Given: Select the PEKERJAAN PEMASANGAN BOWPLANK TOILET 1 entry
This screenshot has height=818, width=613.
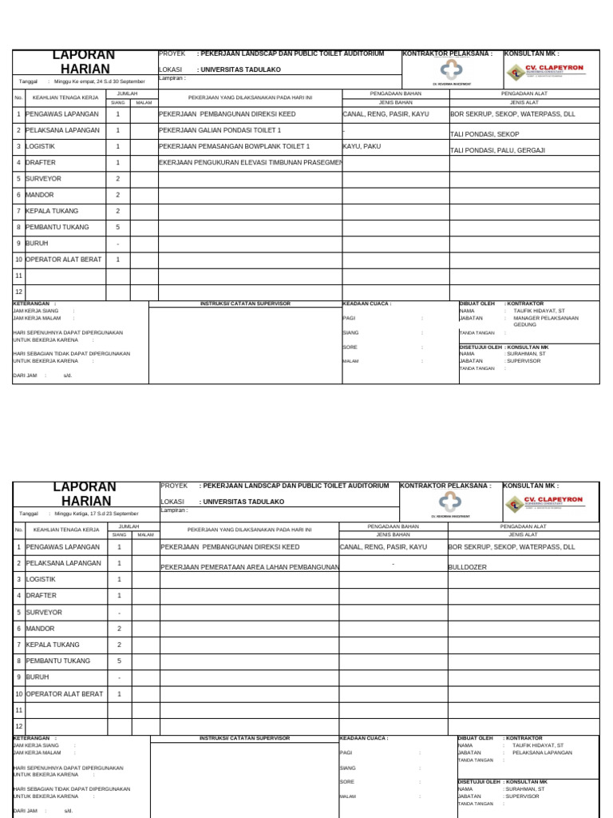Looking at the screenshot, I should pos(235,147).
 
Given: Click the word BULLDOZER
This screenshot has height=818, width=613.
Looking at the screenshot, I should pos(468,566).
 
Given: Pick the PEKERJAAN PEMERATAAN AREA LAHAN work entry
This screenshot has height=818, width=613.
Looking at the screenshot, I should pos(250,566).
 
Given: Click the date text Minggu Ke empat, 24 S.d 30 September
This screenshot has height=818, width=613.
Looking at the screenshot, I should pos(100,81).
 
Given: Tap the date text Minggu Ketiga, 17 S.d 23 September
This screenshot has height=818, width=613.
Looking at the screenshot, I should pos(97,514).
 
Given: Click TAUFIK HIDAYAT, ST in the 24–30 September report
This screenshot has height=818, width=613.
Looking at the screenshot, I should pos(539,311).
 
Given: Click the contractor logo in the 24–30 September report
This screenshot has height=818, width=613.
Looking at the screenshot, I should pos(452,71).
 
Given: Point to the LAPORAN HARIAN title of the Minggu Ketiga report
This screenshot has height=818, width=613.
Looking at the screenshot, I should pos(84,494).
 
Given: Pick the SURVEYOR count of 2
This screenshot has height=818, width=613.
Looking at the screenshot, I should pos(118,179).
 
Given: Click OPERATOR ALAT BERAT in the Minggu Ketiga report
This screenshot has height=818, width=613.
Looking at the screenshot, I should pos(65,694).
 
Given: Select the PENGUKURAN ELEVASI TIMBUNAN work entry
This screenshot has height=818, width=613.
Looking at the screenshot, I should pos(250,163).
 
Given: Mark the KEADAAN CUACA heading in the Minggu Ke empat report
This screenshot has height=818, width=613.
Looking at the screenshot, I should pos(367,304).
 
